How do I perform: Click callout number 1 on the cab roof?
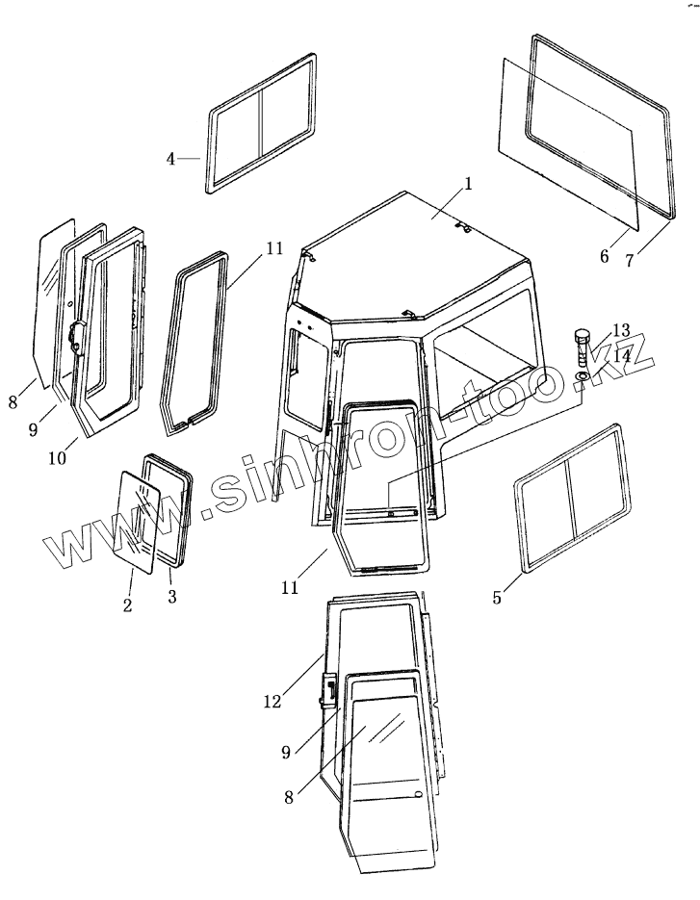point(468,184)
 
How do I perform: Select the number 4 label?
point(170,159)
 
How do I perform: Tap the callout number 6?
point(605,256)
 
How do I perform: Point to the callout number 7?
point(629,260)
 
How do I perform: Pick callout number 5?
point(497,598)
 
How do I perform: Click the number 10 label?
point(59,458)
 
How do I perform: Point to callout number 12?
point(272,703)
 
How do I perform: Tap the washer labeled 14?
point(583,374)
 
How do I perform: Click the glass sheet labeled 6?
point(568,144)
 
